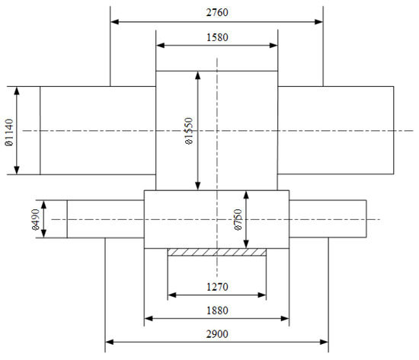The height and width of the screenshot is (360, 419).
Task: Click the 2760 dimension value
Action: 217,12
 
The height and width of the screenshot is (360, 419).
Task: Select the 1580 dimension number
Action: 217,37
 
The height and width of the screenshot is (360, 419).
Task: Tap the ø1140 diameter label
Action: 9,132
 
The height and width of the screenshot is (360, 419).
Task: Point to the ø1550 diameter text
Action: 189,131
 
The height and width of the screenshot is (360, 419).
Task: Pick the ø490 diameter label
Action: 35,219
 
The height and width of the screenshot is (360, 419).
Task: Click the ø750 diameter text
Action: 238,219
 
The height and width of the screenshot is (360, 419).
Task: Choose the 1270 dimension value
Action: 217,287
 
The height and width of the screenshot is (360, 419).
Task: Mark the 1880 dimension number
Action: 217,311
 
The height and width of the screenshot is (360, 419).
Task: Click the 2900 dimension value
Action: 217,334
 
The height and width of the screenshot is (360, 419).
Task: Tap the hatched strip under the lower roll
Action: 217,252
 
